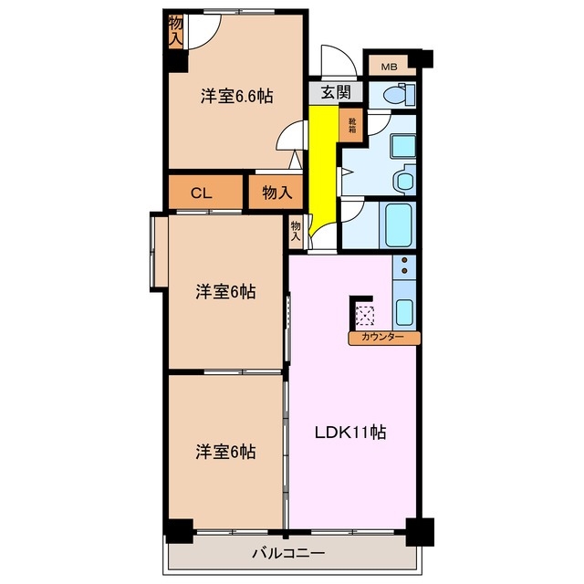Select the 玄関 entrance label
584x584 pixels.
pos(336,92)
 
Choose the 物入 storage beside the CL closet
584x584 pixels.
pos(276,193)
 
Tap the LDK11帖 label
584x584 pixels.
pos(350,433)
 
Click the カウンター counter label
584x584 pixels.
pos(383,338)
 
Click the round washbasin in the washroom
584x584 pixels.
pos(403,180)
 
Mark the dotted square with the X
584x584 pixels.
pos(365,315)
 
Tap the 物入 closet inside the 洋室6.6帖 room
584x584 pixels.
pos(176,34)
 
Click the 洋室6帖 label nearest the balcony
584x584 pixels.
pos(224,451)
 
